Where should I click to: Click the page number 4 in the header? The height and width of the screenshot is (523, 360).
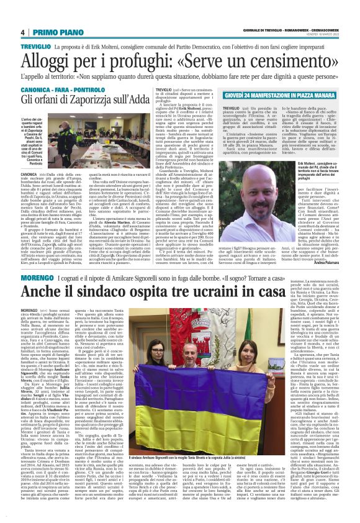22,32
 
